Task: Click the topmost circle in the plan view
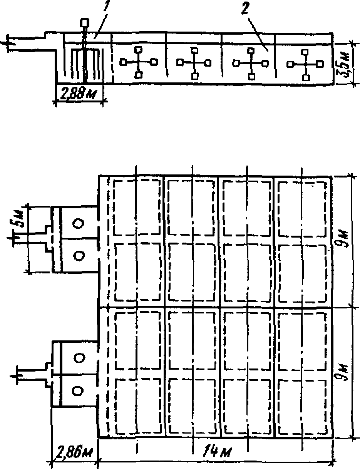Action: (79, 224)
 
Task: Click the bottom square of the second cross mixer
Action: (195, 76)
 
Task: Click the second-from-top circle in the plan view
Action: (79, 255)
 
